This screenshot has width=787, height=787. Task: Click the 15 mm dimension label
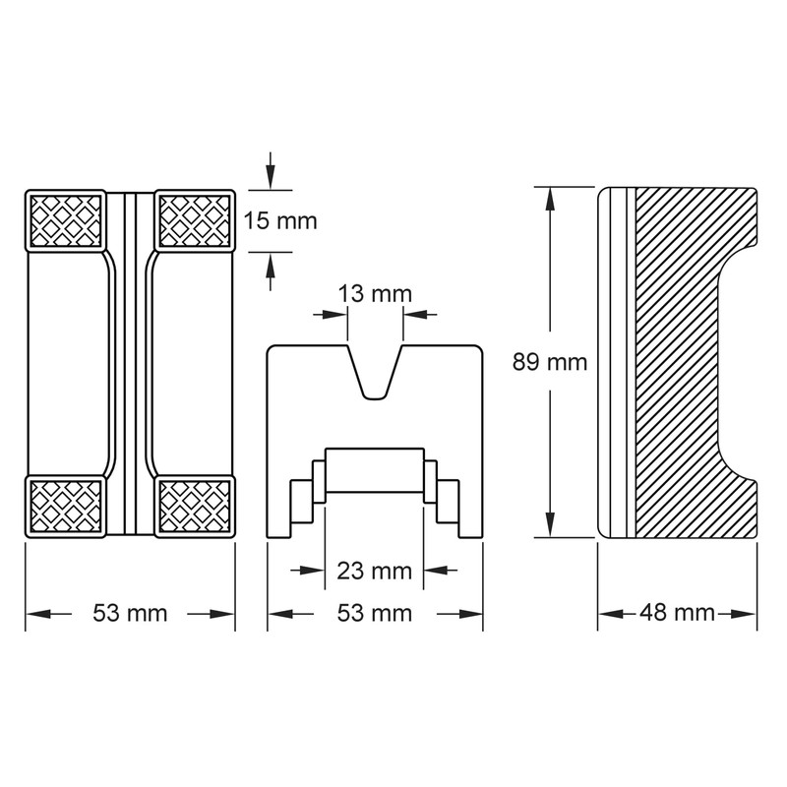[x=280, y=220]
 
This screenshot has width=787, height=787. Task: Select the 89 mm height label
[x=550, y=362]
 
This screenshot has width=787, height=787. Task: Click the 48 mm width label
[x=677, y=613]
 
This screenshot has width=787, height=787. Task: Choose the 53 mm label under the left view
[x=130, y=613]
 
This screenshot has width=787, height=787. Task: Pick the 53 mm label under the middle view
[x=374, y=613]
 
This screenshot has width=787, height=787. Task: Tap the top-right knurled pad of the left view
[x=194, y=219]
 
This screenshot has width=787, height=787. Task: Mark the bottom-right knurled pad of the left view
[x=194, y=505]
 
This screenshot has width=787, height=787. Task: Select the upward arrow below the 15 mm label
[x=271, y=268]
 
